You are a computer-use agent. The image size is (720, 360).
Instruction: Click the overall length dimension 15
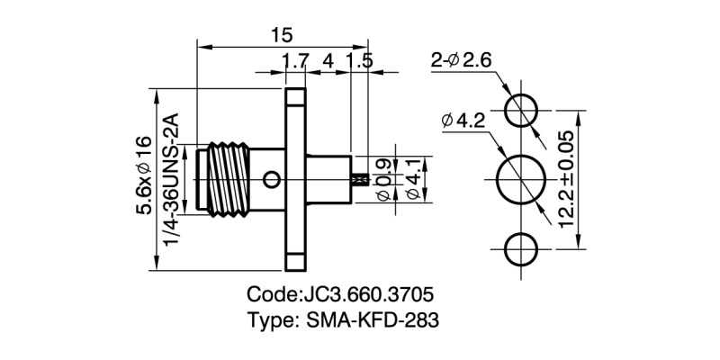281,34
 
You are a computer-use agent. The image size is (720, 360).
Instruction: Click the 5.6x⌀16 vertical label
144,176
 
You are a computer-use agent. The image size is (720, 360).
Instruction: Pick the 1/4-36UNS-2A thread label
172,176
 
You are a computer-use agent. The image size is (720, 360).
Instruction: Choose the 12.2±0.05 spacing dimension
565,179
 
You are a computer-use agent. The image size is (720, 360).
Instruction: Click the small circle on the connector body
270,181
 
